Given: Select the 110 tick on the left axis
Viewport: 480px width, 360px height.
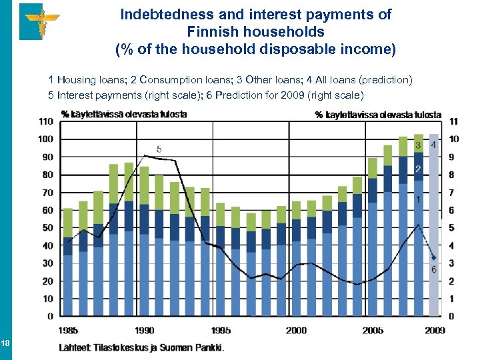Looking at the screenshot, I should (45, 121).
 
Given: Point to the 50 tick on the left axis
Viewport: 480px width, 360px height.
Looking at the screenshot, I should (48, 227).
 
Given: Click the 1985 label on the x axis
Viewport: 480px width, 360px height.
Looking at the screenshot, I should (68, 329).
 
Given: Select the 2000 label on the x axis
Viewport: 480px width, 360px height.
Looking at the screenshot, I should (296, 329).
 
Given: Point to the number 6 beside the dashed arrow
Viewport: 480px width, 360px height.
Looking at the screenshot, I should (434, 269).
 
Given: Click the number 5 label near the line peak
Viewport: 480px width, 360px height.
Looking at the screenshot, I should (158, 149).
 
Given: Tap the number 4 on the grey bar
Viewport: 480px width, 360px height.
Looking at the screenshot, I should (434, 144).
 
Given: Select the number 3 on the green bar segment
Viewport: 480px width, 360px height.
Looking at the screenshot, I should (418, 145).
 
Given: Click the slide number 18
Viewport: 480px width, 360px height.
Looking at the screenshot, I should (5, 343).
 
